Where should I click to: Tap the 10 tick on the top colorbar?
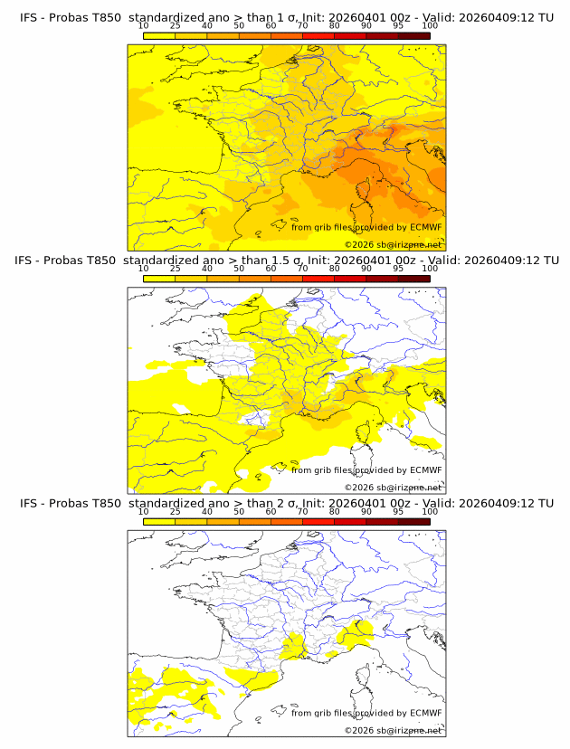pyautogui.click(x=144, y=26)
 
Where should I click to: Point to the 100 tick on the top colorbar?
pyautogui.click(x=430, y=26)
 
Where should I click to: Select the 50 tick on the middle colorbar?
pyautogui.click(x=239, y=269)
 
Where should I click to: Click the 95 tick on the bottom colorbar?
pyautogui.click(x=398, y=512)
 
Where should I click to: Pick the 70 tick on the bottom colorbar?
pyautogui.click(x=302, y=512)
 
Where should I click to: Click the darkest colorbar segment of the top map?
pyautogui.click(x=413, y=35)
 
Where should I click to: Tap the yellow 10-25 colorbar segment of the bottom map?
pyautogui.click(x=159, y=521)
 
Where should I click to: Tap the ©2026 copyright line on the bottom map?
pyautogui.click(x=393, y=730)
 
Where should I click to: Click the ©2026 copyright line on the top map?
pyautogui.click(x=393, y=244)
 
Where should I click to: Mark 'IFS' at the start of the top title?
pyautogui.click(x=30, y=16)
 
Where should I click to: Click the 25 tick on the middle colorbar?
pyautogui.click(x=176, y=269)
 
